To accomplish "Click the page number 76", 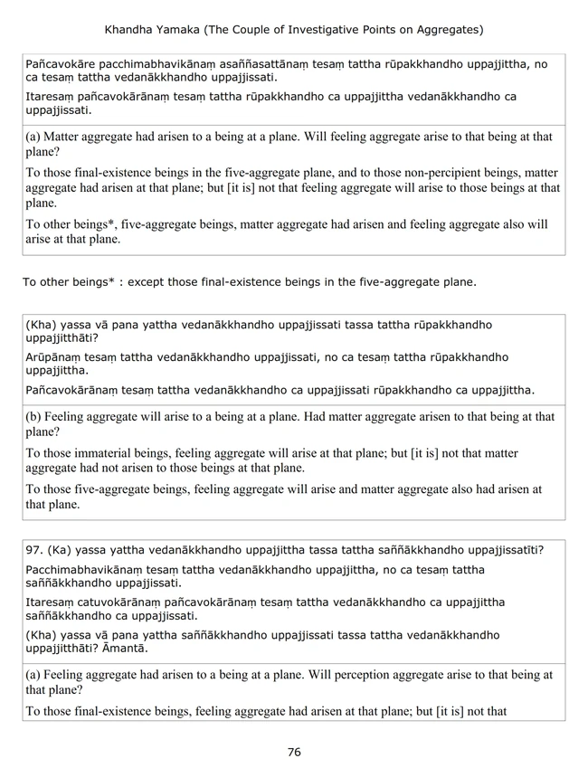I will tap(294, 752).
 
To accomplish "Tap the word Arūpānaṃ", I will tap(56, 357).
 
